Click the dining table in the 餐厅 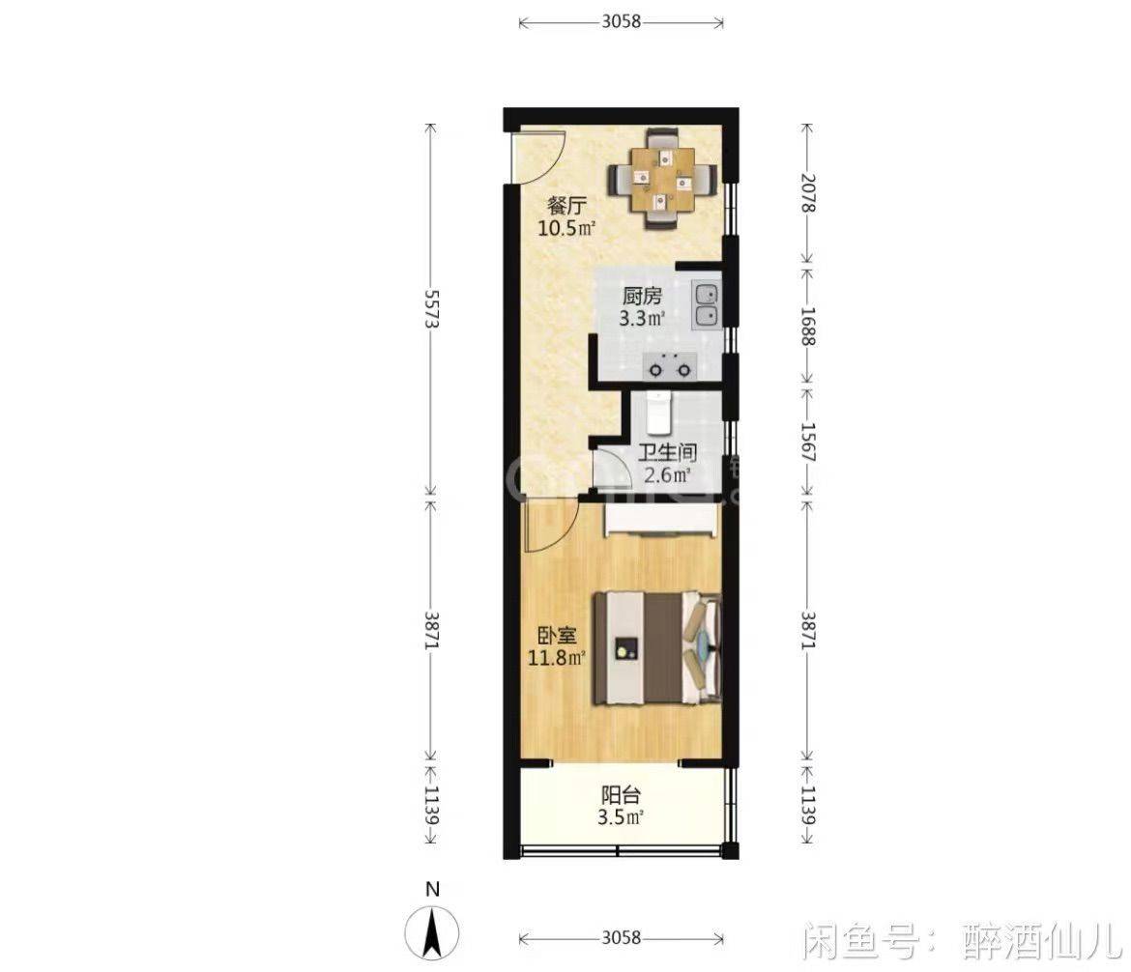(663, 180)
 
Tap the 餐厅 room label (566, 206)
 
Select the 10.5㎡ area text (566, 229)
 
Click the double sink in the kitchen (707, 305)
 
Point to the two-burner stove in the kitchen (670, 366)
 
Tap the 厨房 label (642, 296)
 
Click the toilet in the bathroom (658, 413)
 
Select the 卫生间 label (668, 453)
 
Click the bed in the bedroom (657, 647)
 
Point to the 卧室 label (557, 636)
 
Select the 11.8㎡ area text (557, 658)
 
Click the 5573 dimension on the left (432, 309)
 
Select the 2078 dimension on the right (807, 192)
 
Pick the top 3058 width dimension (621, 21)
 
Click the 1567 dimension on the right (807, 442)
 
